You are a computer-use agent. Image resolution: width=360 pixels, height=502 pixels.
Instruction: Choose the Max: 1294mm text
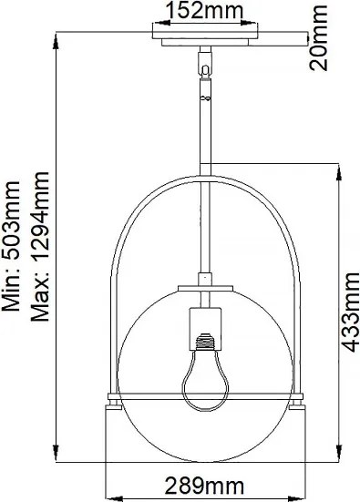(39, 248)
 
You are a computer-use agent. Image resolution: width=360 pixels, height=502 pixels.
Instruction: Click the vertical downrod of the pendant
(207, 137)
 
